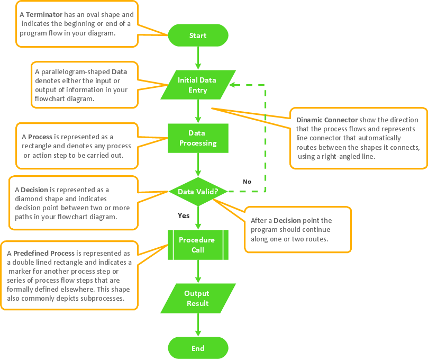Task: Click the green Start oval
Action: (x=198, y=35)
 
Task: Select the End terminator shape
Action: (x=198, y=348)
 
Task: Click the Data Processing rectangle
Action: (x=198, y=138)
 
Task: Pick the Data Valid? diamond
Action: (x=198, y=192)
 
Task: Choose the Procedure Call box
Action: (x=198, y=245)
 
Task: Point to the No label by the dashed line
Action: (x=247, y=182)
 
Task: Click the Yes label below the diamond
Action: (x=184, y=215)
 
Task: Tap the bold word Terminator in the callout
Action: (x=45, y=15)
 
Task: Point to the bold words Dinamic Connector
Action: (x=327, y=120)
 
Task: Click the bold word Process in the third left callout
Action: (x=40, y=137)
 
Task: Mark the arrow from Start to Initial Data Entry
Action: (x=198, y=58)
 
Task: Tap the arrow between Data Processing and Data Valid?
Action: (x=198, y=165)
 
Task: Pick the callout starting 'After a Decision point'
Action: (x=298, y=230)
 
